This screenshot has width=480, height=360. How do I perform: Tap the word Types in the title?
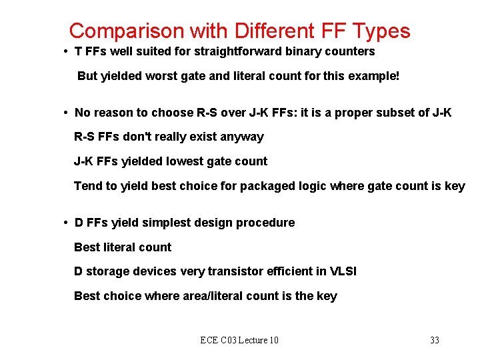(382, 31)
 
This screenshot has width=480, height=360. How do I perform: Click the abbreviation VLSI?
(343, 271)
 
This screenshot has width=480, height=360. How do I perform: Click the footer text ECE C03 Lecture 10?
(239, 341)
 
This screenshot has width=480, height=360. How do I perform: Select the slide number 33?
(435, 341)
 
